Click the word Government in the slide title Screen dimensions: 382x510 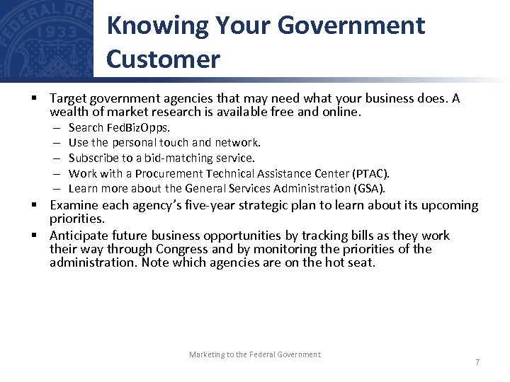351,25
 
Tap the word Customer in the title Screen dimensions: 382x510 163,59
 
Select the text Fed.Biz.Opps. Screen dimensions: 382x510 138,128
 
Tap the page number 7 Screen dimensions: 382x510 477,362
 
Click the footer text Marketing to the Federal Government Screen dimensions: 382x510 254,354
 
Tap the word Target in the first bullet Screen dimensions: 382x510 67,98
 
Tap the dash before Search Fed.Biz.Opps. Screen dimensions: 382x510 56,128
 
